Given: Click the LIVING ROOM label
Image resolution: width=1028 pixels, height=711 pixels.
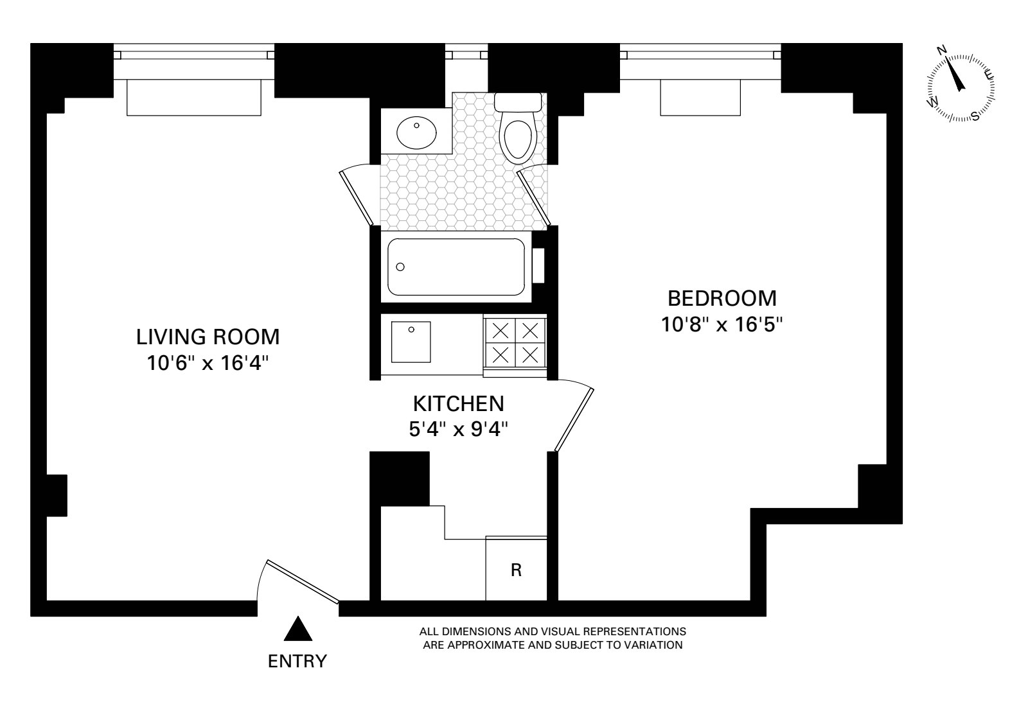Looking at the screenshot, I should tap(208, 337).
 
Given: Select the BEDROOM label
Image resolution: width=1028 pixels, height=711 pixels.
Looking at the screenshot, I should tap(722, 299).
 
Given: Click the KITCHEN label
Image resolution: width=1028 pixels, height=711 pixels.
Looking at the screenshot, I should tap(458, 404).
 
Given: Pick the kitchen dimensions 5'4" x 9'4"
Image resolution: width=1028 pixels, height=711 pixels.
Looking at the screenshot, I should tap(459, 429).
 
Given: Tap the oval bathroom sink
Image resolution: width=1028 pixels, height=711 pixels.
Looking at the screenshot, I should tap(416, 133).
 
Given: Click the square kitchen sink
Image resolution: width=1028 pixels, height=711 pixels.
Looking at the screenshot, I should tap(411, 342).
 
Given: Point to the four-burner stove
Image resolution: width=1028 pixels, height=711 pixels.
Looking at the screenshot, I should tap(515, 342).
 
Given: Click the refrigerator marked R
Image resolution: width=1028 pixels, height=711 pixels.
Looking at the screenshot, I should tap(516, 570).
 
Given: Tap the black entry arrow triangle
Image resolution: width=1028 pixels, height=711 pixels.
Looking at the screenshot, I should tap(298, 629).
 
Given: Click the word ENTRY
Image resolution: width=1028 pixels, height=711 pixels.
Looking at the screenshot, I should tap(297, 661).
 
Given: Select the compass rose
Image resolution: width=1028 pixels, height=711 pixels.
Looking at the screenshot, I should tap(961, 88).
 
